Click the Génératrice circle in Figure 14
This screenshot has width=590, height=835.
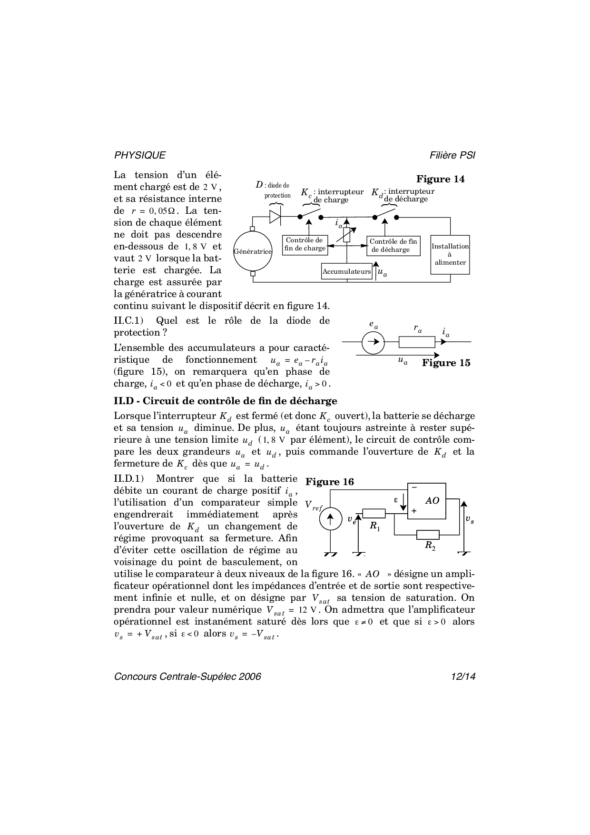(253, 251)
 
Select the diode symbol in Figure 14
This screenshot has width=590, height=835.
(275, 217)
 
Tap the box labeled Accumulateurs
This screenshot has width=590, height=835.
(346, 271)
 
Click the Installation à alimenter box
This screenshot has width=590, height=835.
(450, 254)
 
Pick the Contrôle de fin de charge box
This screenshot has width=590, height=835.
(305, 245)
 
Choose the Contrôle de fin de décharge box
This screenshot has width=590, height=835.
(393, 246)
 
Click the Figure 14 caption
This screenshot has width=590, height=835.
(440, 179)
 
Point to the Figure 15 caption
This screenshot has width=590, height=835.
(446, 363)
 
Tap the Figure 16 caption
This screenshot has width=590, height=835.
(330, 482)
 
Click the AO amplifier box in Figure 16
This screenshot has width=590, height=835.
(426, 501)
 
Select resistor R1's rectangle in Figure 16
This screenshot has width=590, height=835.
(374, 513)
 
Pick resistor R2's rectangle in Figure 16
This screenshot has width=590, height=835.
(428, 535)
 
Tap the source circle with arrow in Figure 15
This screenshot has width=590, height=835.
(373, 342)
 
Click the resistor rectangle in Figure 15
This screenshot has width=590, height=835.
(417, 342)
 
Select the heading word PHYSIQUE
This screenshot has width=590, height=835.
(140, 155)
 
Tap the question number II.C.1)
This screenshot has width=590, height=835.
(128, 321)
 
